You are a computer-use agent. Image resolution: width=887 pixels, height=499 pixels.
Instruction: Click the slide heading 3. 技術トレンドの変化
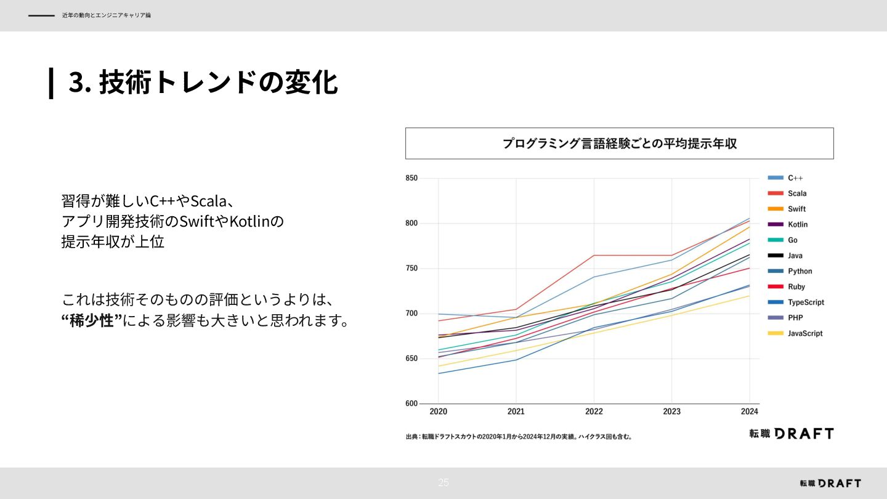(x=203, y=83)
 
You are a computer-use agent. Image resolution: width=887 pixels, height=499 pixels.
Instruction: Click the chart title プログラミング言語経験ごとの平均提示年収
(x=619, y=144)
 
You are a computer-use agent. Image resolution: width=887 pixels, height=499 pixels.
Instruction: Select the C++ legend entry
(x=795, y=178)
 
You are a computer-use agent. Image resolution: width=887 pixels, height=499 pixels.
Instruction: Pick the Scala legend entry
(x=797, y=193)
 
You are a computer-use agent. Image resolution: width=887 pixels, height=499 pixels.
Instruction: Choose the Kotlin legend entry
(x=798, y=225)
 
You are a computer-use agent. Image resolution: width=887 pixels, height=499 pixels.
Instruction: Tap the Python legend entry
(x=800, y=271)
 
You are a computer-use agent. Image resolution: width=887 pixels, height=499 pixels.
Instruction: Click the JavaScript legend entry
(x=805, y=333)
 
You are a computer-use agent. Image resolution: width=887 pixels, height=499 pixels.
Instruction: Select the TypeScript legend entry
(x=806, y=302)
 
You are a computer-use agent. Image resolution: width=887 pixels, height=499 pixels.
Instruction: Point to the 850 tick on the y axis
(x=411, y=178)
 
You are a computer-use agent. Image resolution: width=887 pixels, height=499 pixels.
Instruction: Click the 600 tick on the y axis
(x=411, y=404)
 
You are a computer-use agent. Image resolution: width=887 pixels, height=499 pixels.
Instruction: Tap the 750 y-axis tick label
(x=411, y=269)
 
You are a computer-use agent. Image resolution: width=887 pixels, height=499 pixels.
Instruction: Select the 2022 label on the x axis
(x=594, y=412)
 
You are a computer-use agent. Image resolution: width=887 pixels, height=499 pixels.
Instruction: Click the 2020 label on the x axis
(x=438, y=412)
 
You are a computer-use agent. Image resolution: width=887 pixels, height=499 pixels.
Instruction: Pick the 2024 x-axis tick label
(x=750, y=412)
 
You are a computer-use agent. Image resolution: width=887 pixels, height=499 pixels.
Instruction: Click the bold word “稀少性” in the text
(x=92, y=321)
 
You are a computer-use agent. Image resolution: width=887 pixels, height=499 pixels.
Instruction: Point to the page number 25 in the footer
(x=443, y=482)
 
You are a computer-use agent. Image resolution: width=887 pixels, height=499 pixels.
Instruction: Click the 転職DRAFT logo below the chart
(x=791, y=434)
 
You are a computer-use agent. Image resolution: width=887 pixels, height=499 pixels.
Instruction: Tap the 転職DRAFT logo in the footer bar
(x=830, y=484)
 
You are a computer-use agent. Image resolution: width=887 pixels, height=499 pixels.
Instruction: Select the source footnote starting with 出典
(x=519, y=437)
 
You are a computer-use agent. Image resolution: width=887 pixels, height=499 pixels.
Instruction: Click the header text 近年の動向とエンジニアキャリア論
(x=106, y=15)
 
